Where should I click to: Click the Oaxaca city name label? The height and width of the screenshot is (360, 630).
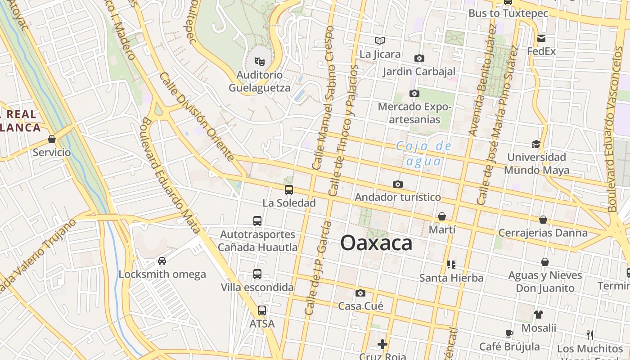pyautogui.click(x=376, y=243)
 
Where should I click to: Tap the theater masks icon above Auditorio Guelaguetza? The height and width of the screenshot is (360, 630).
pyautogui.click(x=259, y=61)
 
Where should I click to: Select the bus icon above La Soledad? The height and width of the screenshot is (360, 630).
pyautogui.click(x=289, y=190)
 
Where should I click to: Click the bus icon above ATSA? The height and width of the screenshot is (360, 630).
pyautogui.click(x=261, y=310)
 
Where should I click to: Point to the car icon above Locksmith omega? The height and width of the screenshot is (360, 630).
pyautogui.click(x=162, y=261)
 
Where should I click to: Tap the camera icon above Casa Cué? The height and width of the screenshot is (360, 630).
pyautogui.click(x=360, y=293)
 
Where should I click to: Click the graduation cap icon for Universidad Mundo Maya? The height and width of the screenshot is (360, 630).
pyautogui.click(x=536, y=144)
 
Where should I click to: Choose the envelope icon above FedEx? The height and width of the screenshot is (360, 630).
pyautogui.click(x=541, y=38)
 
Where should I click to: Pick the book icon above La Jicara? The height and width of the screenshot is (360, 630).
pyautogui.click(x=380, y=41)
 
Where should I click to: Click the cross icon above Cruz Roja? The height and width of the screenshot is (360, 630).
pyautogui.click(x=382, y=344)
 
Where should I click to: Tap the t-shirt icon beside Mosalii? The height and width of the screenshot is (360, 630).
pyautogui.click(x=539, y=315)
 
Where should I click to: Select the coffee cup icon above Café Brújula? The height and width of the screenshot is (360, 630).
pyautogui.click(x=509, y=333)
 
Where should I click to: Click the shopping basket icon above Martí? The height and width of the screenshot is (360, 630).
pyautogui.click(x=442, y=216)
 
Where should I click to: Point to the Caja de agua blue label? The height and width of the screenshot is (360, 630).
pyautogui.click(x=423, y=153)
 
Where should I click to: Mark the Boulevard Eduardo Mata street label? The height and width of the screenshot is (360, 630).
pyautogui.click(x=171, y=175)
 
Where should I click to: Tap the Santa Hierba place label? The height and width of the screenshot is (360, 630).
pyautogui.click(x=451, y=278)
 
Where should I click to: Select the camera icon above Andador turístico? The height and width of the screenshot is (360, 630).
pyautogui.click(x=397, y=184)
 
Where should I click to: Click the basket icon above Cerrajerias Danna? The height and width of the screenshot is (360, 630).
pyautogui.click(x=543, y=220)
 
